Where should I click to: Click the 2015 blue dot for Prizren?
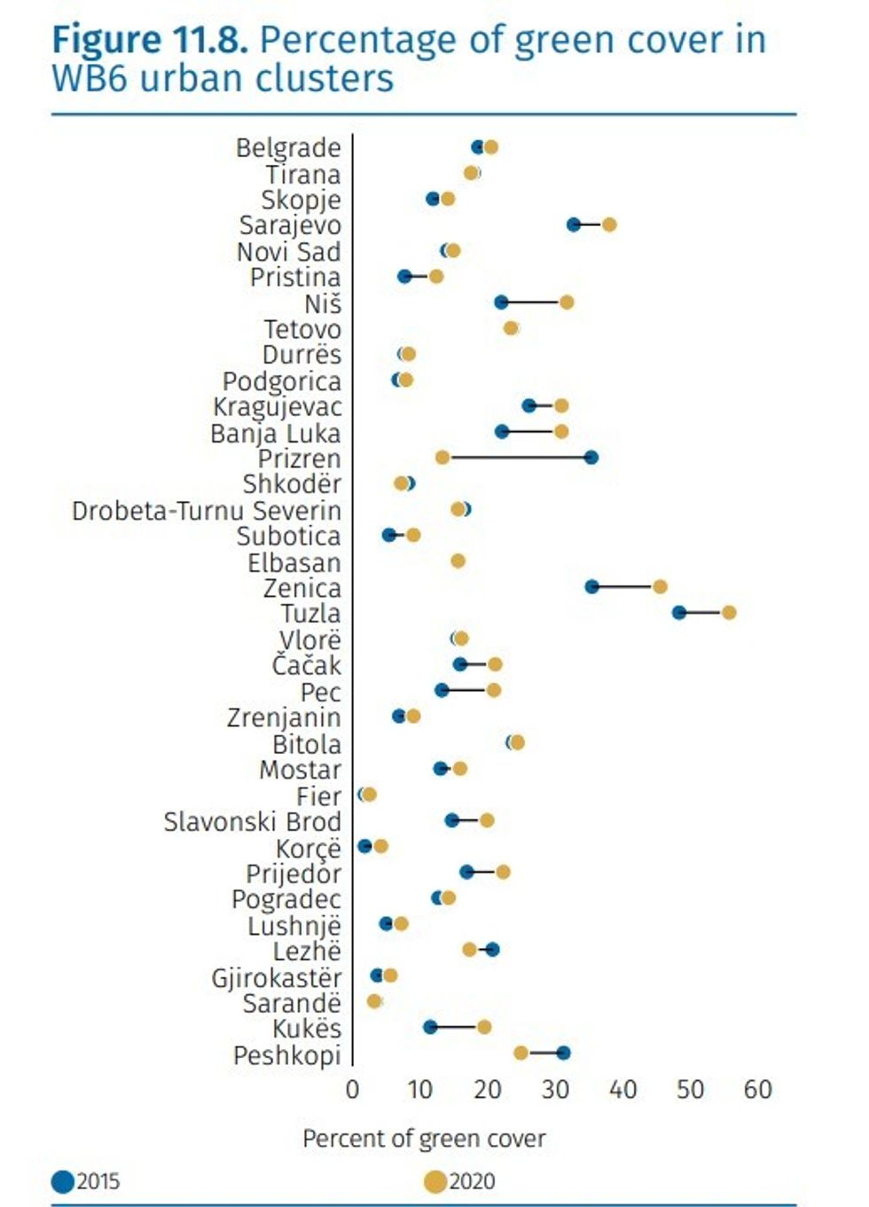tap(591, 458)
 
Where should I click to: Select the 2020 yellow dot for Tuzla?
tap(729, 613)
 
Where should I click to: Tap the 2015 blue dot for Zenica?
tap(591, 587)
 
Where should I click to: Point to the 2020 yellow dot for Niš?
tap(567, 302)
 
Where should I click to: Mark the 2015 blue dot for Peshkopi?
tap(563, 1054)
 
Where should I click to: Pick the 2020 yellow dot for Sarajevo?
tap(609, 224)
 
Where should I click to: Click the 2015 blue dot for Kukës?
tap(430, 1027)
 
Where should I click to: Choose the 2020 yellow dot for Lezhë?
tap(469, 950)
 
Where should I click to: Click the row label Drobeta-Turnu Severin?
tap(207, 511)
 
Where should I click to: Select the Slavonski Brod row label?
tap(252, 822)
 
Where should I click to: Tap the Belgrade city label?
tap(288, 147)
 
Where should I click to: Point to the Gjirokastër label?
tap(276, 977)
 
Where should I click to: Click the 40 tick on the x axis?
tap(622, 1089)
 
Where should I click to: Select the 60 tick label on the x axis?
tap(757, 1089)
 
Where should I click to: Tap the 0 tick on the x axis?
tap(353, 1089)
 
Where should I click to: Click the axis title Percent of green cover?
tap(424, 1139)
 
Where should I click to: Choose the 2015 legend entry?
tap(87, 1181)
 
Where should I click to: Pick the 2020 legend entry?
tap(460, 1181)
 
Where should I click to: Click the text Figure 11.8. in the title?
tap(149, 41)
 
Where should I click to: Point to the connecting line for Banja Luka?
tap(531, 432)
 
